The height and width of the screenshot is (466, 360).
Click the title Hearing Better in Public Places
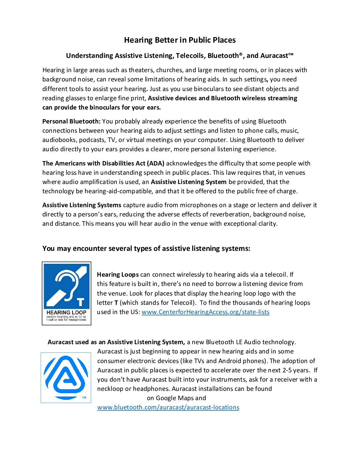(180, 40)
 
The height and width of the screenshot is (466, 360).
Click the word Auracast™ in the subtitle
(277, 56)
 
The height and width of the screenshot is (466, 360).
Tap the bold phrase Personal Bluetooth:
(71, 121)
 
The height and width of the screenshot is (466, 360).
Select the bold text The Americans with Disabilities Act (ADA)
(103, 163)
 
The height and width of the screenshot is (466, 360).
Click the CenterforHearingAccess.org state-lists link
(205, 312)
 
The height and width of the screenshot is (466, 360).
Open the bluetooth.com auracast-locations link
(168, 407)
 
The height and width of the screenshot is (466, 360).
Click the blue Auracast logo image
(66, 377)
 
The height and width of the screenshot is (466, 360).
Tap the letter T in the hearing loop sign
(80, 302)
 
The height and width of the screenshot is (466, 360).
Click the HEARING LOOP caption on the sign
(66, 312)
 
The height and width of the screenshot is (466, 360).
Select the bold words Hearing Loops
(117, 275)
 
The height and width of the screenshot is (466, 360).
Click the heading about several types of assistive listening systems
(146, 249)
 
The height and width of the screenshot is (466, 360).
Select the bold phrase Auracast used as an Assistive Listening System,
(116, 342)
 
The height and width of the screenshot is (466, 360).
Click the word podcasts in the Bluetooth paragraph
(92, 140)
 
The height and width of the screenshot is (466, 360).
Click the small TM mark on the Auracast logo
(84, 397)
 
